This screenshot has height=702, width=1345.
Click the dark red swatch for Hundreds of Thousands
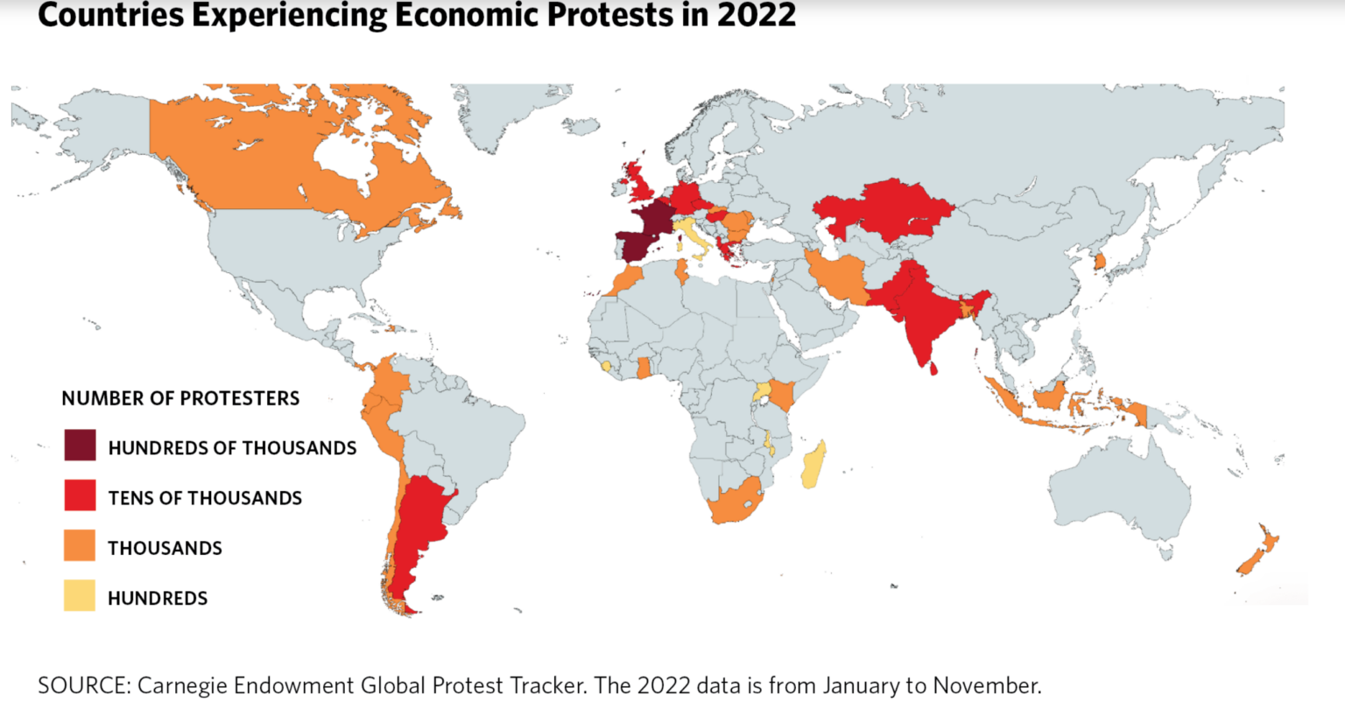point(80,445)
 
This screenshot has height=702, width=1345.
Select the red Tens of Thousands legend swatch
point(80,495)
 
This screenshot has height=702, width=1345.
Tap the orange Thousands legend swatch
point(80,545)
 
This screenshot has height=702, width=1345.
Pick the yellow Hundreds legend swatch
point(80,596)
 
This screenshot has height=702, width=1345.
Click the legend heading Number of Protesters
point(180,398)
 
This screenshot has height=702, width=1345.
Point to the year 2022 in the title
point(756,15)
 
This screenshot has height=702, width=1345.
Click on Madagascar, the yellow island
point(813,464)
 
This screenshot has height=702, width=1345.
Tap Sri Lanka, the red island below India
point(933,369)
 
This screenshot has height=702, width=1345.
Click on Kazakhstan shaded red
point(893,210)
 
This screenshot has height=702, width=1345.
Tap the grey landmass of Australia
point(1121,490)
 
